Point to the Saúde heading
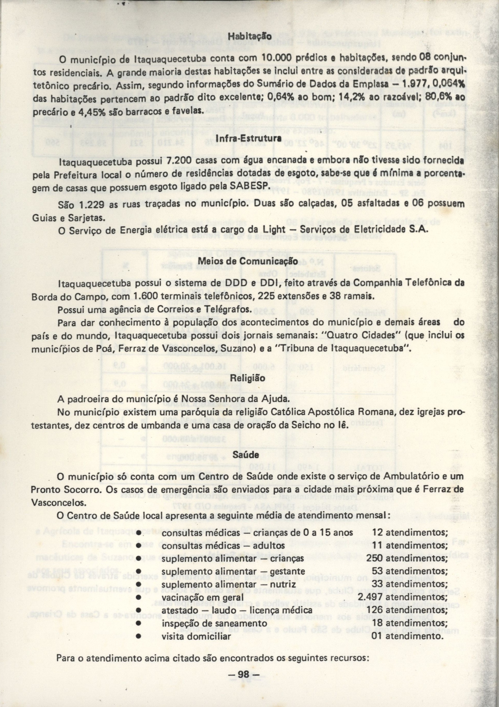tap(249, 454)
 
